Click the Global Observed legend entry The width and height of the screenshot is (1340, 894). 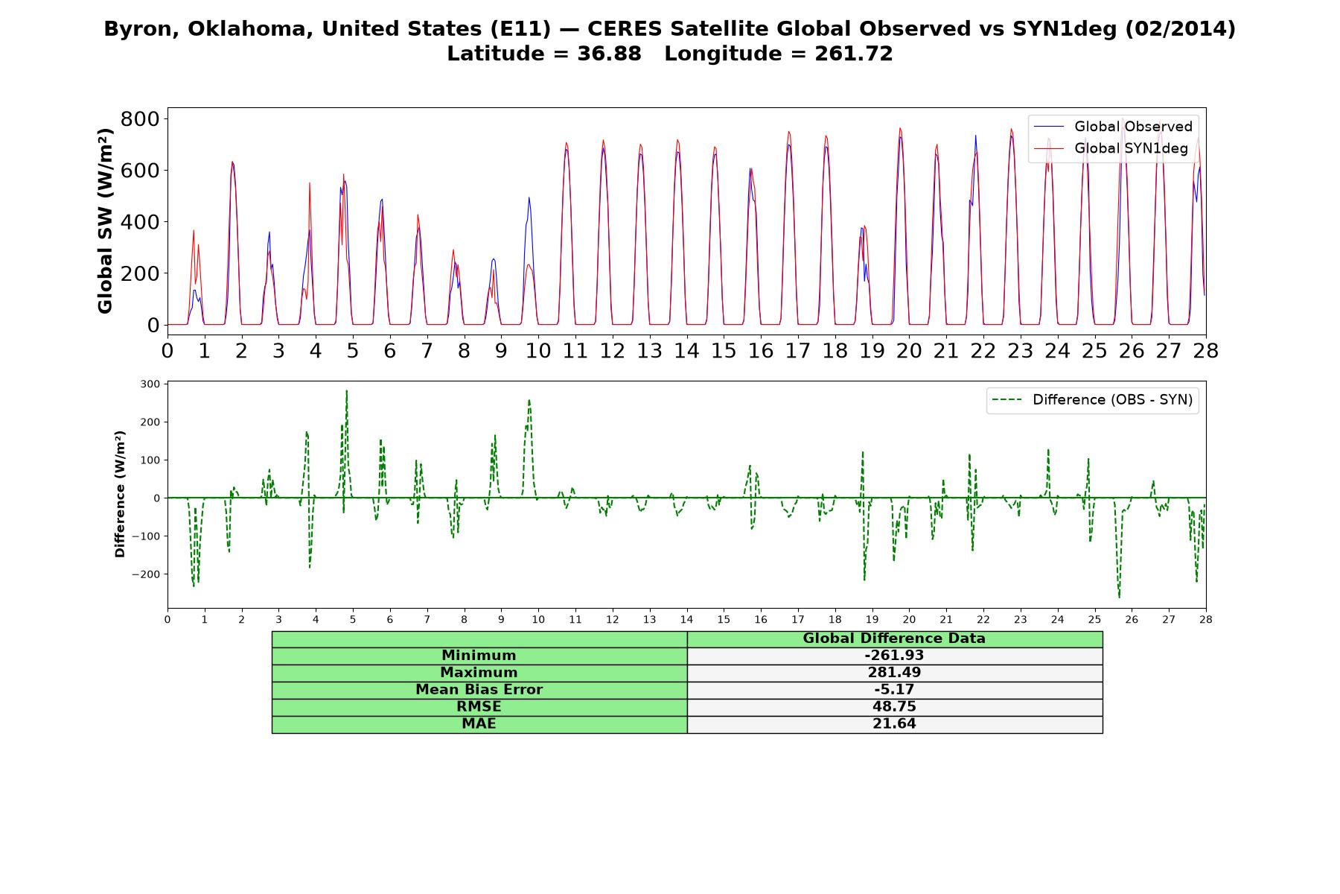pyautogui.click(x=1114, y=127)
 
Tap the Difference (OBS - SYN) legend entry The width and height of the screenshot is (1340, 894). pyautogui.click(x=1093, y=400)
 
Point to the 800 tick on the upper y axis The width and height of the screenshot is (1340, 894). pyautogui.click(x=141, y=119)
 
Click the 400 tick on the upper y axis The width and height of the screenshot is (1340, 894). pyautogui.click(x=141, y=222)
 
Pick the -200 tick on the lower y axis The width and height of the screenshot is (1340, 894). pyautogui.click(x=146, y=574)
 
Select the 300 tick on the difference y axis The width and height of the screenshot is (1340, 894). pyautogui.click(x=150, y=384)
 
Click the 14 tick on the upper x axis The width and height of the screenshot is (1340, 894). pyautogui.click(x=686, y=350)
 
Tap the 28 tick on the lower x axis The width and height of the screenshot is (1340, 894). pyautogui.click(x=1205, y=619)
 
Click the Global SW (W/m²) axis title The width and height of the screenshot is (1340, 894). pyautogui.click(x=105, y=221)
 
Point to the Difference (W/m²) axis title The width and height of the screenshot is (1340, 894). pyautogui.click(x=120, y=494)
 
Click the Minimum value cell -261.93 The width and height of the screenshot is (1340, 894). pyautogui.click(x=894, y=656)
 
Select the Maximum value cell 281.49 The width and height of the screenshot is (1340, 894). pyautogui.click(x=894, y=673)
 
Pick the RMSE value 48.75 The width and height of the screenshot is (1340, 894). pyautogui.click(x=894, y=707)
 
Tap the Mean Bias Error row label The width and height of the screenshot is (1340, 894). pyautogui.click(x=479, y=690)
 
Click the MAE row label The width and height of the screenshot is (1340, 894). pyautogui.click(x=479, y=724)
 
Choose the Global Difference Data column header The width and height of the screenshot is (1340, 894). pyautogui.click(x=894, y=638)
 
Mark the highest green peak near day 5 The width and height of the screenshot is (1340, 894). pyautogui.click(x=347, y=390)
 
